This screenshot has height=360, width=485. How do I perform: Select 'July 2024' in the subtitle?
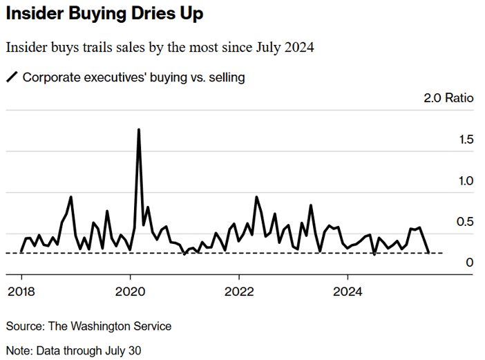pyautogui.click(x=285, y=47)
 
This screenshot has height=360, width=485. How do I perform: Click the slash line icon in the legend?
pyautogui.click(x=12, y=77)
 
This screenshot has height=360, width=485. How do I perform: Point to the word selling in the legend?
pyautogui.click(x=227, y=77)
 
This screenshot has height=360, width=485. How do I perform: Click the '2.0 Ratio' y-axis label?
pyautogui.click(x=448, y=97)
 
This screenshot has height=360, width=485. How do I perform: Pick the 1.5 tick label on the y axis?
pyautogui.click(x=466, y=140)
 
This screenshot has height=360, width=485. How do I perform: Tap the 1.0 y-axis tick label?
pyautogui.click(x=466, y=181)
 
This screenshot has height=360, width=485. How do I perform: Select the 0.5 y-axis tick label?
pyautogui.click(x=465, y=222)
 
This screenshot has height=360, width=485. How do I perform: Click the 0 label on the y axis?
pyautogui.click(x=470, y=263)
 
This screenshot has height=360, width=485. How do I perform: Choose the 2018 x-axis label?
pyautogui.click(x=21, y=292)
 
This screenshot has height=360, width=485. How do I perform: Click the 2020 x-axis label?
pyautogui.click(x=130, y=292)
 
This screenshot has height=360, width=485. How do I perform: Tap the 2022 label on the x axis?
pyautogui.click(x=239, y=292)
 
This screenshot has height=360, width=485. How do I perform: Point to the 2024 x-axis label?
pyautogui.click(x=348, y=292)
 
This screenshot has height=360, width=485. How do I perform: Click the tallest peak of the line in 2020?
pyautogui.click(x=139, y=130)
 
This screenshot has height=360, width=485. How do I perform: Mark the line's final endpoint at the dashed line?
pyautogui.click(x=428, y=253)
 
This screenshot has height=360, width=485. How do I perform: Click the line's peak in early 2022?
pyautogui.click(x=257, y=197)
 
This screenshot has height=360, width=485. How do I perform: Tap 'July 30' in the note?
pyautogui.click(x=123, y=351)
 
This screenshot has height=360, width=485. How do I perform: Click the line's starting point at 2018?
pyautogui.click(x=21, y=251)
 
